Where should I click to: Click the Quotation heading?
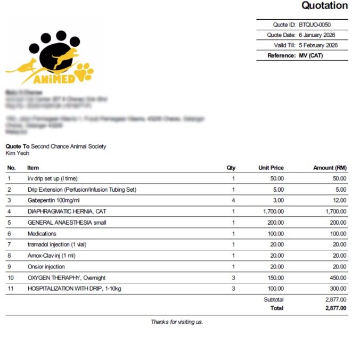(324, 6)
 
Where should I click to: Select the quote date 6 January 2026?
(317, 35)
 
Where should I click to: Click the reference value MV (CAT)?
(311, 55)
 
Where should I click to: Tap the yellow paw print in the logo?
(84, 72)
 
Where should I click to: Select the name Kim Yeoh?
(17, 153)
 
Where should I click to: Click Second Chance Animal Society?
(68, 146)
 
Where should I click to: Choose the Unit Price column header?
(271, 168)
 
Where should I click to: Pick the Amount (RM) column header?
(329, 168)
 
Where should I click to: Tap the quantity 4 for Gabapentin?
(233, 200)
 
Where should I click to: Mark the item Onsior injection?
(46, 267)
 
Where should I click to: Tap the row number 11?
(9, 289)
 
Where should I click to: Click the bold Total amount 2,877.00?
(336, 308)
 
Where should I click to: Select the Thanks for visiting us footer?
(176, 322)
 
